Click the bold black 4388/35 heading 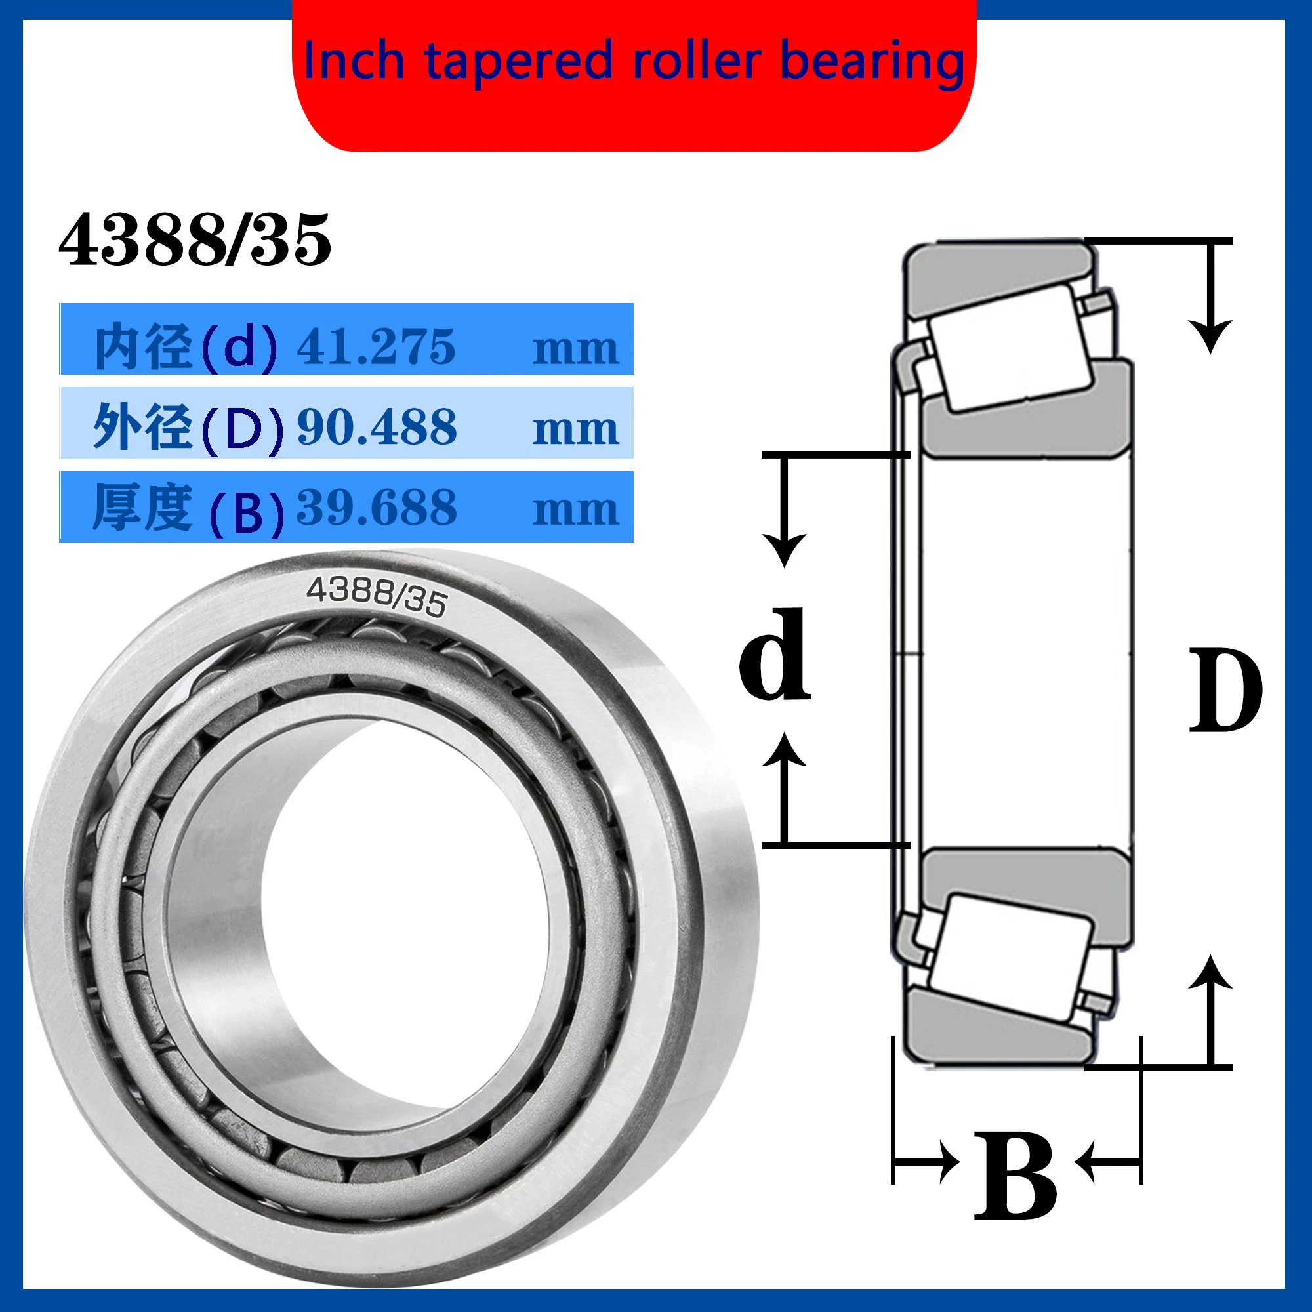pos(195,239)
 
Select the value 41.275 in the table pos(375,347)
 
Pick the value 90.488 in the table pos(377,427)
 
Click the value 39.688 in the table pos(377,507)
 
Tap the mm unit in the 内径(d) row pos(575,349)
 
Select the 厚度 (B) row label pos(187,508)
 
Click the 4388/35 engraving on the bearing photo pos(377,596)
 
